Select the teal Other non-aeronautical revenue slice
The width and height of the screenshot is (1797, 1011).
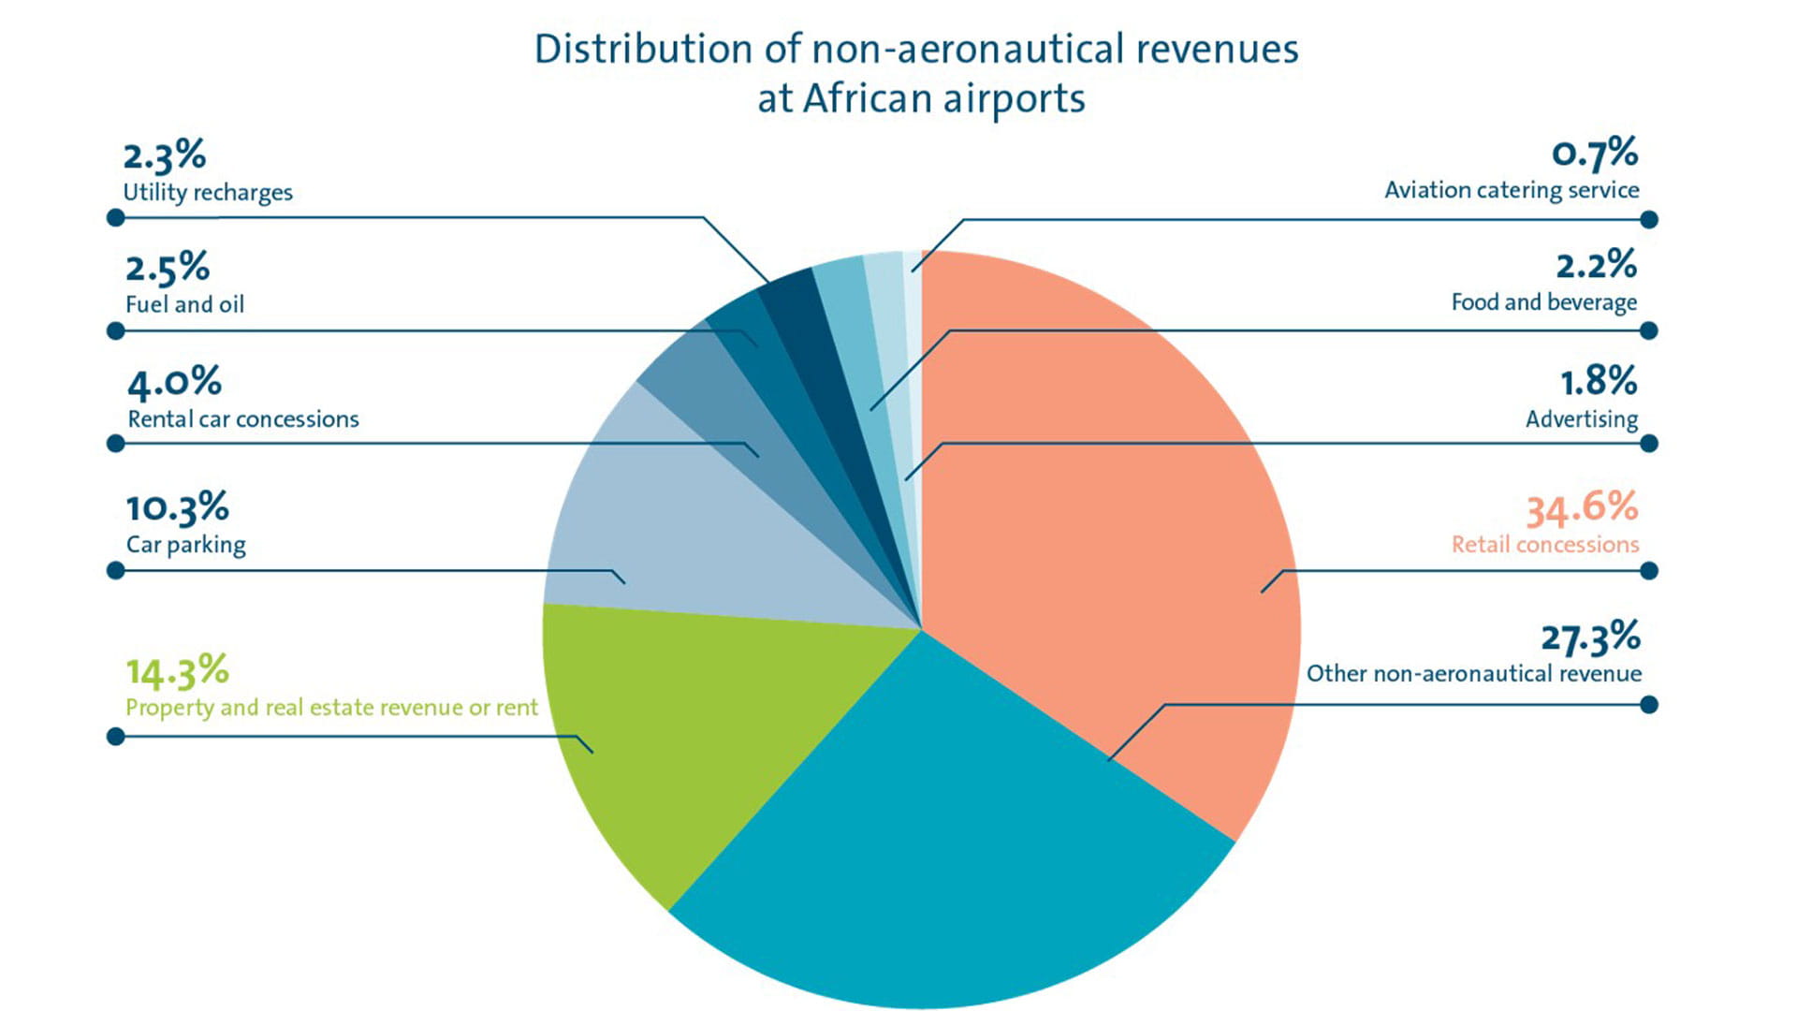[945, 842]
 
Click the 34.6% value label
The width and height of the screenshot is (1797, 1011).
[1582, 507]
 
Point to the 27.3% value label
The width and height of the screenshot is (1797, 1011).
[1590, 637]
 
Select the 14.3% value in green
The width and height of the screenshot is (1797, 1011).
[177, 671]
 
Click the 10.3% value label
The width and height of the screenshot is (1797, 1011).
[177, 508]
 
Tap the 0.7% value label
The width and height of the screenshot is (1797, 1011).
[1595, 154]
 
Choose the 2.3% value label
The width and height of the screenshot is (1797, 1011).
[164, 155]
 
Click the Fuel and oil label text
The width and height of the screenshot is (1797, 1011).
[184, 304]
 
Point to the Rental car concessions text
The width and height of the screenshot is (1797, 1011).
[243, 418]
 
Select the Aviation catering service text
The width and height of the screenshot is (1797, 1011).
[1512, 190]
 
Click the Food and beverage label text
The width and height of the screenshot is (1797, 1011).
[1544, 302]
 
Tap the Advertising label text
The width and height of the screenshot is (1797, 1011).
[1582, 418]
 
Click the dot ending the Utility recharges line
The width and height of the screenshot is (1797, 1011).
[116, 218]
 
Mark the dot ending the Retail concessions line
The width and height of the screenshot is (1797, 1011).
[1649, 571]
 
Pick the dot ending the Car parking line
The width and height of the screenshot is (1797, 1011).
[116, 571]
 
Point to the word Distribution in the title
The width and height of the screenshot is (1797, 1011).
[643, 49]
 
